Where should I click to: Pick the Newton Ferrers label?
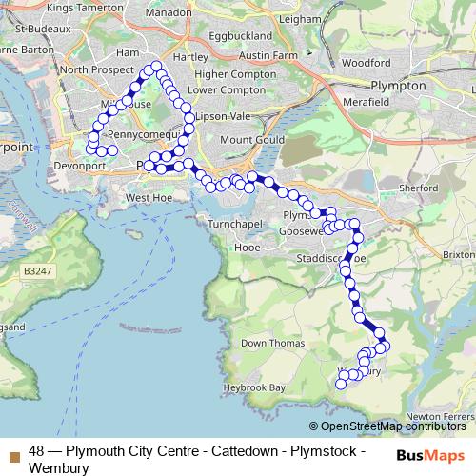coord(439,416)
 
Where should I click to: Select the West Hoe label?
coord(147,198)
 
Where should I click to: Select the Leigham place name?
coord(290,18)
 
